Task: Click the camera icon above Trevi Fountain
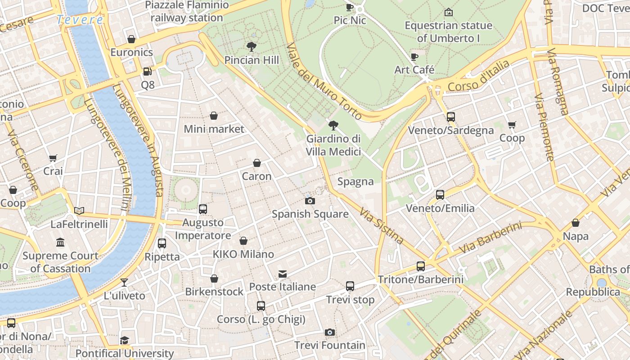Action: pyautogui.click(x=330, y=332)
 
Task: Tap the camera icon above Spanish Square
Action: pyautogui.click(x=310, y=201)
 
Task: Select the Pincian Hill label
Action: pyautogui.click(x=252, y=60)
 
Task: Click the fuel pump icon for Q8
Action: pyautogui.click(x=147, y=72)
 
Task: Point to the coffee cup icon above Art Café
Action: pyautogui.click(x=414, y=57)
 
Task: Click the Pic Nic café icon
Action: pyautogui.click(x=350, y=7)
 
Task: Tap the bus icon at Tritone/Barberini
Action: pyautogui.click(x=420, y=266)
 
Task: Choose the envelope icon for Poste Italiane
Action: pyautogui.click(x=283, y=274)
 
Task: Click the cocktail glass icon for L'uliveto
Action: pyautogui.click(x=124, y=283)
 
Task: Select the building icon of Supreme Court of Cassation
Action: pyautogui.click(x=60, y=243)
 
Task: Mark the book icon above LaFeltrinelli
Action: pyautogui.click(x=79, y=211)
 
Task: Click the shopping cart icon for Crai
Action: pyautogui.click(x=53, y=158)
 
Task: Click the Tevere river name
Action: pyautogui.click(x=80, y=20)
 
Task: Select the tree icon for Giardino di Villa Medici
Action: pyautogui.click(x=333, y=126)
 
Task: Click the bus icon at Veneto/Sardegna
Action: pyautogui.click(x=451, y=117)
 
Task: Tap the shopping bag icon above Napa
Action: pyautogui.click(x=575, y=223)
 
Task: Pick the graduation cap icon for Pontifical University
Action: pyautogui.click(x=124, y=341)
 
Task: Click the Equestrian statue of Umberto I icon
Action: pyautogui.click(x=448, y=12)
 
